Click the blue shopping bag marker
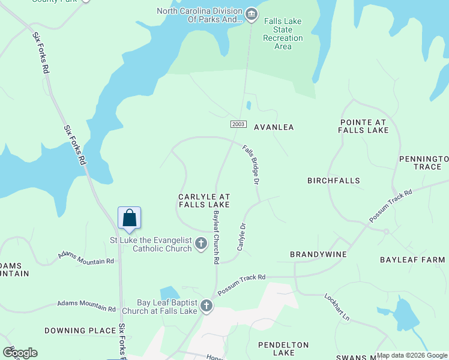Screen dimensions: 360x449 coord(130,218)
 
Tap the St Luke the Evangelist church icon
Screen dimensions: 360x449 coord(201,244)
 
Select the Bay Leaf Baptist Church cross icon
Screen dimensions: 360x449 coord(206,306)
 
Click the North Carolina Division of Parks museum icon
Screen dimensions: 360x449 coord(252,14)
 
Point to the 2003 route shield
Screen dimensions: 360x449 coord(238,124)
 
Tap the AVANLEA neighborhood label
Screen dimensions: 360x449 coord(274,127)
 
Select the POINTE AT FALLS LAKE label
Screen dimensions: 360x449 coord(363,125)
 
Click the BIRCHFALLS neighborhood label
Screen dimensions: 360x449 coord(333,181)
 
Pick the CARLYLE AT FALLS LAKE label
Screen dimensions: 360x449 coord(204,200)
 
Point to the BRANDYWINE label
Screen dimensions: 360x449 coord(318,254)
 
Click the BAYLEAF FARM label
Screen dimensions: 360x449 coord(412,260)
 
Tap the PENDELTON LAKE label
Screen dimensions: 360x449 coord(283,349)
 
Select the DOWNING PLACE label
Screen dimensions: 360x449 coord(79,331)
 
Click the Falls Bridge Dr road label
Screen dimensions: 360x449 coord(251,164)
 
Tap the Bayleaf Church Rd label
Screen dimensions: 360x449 coord(216,238)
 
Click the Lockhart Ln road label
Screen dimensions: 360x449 coord(337,306)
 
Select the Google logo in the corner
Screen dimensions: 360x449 coord(20,353)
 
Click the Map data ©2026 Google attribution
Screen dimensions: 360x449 coord(412,355)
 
